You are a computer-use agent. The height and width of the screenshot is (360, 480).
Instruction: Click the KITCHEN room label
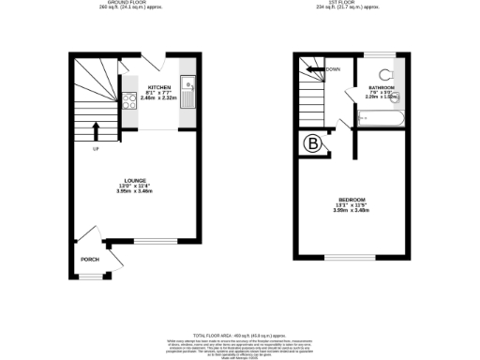click(x=157, y=86)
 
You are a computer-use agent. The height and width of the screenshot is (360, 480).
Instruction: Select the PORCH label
click(x=89, y=260)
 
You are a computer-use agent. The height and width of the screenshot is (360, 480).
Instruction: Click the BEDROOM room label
click(x=352, y=201)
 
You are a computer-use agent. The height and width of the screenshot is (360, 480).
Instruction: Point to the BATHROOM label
click(x=381, y=87)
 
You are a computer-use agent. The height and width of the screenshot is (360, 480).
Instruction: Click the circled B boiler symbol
click(x=311, y=143)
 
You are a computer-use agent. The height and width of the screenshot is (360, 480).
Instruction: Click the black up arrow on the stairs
click(x=95, y=130)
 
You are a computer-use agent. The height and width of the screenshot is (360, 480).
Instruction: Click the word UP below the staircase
click(x=95, y=149)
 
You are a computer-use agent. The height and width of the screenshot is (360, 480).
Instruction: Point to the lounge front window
click(x=150, y=243)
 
